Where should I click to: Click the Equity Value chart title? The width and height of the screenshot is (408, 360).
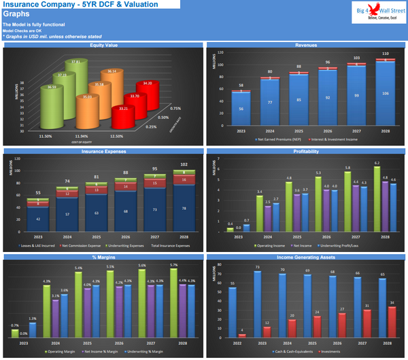coord(102,46)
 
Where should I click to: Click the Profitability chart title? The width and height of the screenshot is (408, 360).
coord(305,151)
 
